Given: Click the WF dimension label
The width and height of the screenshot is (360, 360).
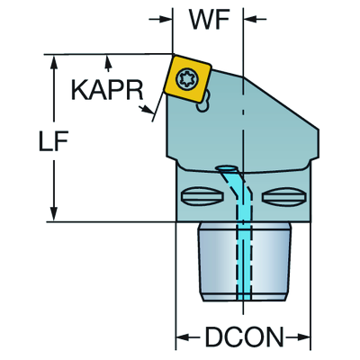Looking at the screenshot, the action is [210, 19].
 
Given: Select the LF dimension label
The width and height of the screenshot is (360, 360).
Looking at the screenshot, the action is [54, 140].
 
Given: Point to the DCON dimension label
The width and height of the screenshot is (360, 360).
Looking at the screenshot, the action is [244, 337].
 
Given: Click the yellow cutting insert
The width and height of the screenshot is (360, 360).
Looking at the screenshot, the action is [187, 78].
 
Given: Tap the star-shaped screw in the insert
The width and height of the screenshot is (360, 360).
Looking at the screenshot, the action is [186, 78].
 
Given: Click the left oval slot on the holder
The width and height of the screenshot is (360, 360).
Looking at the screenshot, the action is [202, 196].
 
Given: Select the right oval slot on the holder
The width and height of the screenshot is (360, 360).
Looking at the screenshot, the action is [283, 196].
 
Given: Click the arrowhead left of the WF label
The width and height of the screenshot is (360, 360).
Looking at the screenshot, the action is [167, 19].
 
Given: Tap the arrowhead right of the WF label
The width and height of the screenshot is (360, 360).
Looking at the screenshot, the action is [249, 19].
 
